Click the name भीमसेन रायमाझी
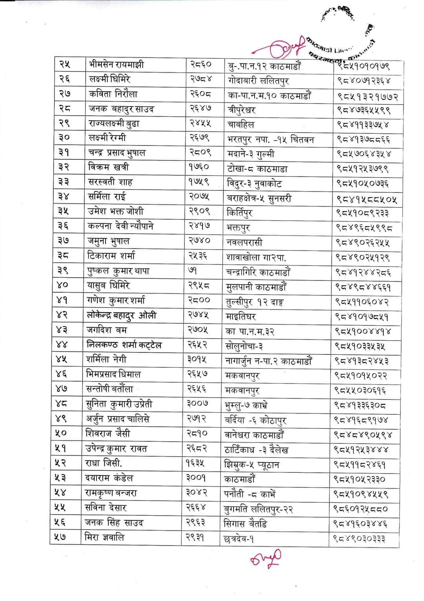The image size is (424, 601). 116,64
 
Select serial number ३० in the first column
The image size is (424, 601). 64,138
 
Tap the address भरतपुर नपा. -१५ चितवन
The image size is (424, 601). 270,139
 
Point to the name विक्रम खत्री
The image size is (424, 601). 108,167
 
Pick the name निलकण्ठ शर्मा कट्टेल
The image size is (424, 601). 124,345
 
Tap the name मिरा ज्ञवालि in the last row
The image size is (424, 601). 104,537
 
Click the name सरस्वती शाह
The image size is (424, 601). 110,182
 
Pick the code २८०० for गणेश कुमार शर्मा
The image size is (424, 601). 199,300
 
